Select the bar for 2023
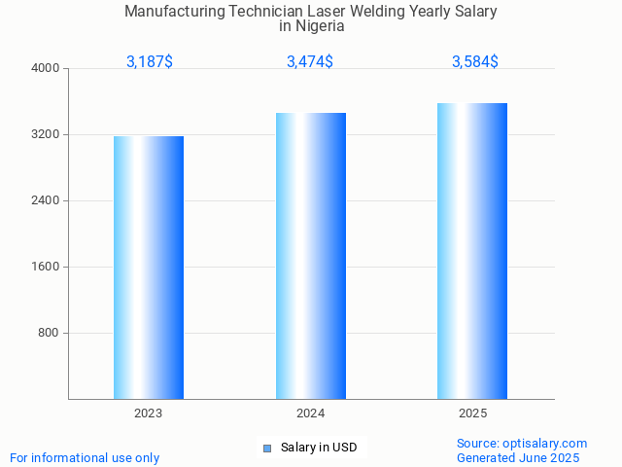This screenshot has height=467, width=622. click(x=149, y=268)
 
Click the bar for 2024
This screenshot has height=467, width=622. click(x=311, y=256)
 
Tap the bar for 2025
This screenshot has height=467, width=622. click(x=472, y=251)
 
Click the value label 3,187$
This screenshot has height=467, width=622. click(x=150, y=61)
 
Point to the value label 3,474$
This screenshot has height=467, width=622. click(x=310, y=61)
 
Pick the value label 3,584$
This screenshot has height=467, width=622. click(x=475, y=61)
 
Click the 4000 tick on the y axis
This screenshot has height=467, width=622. click(x=46, y=68)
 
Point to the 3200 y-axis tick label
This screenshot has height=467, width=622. click(x=46, y=134)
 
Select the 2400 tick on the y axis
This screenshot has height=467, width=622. click(x=46, y=200)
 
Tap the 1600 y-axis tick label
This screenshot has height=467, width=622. click(x=46, y=267)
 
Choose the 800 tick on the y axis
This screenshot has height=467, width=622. click(x=49, y=333)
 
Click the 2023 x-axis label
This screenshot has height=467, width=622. click(x=149, y=413)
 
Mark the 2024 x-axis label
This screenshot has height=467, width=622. click(x=311, y=413)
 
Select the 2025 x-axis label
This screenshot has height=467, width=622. click(x=472, y=413)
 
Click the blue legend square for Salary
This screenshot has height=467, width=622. click(x=267, y=449)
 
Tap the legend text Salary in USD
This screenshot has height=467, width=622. click(x=319, y=448)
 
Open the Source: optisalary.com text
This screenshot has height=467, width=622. click(x=522, y=443)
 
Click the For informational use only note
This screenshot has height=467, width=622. click(x=85, y=457)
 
